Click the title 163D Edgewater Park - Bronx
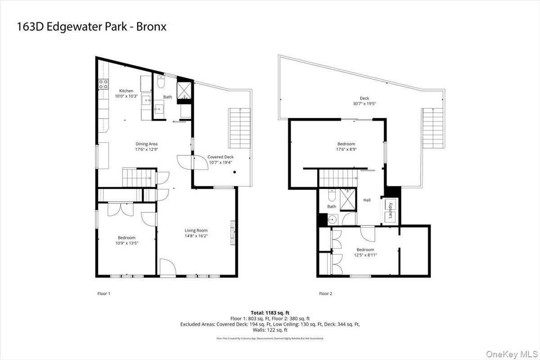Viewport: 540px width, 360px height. (x=91, y=27)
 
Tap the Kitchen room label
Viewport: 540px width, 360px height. (x=126, y=91)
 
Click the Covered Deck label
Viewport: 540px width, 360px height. (x=220, y=157)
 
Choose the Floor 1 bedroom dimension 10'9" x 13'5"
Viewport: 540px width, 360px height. (x=126, y=243)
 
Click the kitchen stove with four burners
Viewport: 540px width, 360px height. (x=102, y=83)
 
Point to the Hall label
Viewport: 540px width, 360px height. (x=367, y=200)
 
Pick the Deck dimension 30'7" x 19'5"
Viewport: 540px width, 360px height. (x=364, y=103)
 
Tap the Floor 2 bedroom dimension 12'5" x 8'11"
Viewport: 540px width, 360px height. (x=365, y=255)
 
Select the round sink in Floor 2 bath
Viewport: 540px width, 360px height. (x=332, y=219)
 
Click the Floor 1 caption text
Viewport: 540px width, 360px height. (x=103, y=294)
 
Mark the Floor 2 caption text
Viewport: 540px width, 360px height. (x=325, y=294)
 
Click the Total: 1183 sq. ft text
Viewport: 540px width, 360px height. (x=270, y=312)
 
